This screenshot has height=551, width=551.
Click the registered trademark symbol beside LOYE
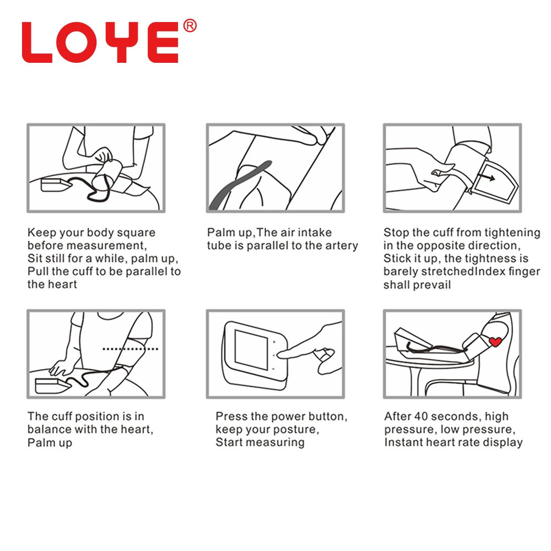(x=190, y=26)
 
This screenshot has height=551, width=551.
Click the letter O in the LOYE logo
(x=77, y=42)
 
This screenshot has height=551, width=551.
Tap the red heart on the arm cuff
(x=495, y=341)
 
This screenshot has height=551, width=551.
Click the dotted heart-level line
(x=130, y=349)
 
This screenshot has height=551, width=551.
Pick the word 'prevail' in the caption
(x=434, y=285)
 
